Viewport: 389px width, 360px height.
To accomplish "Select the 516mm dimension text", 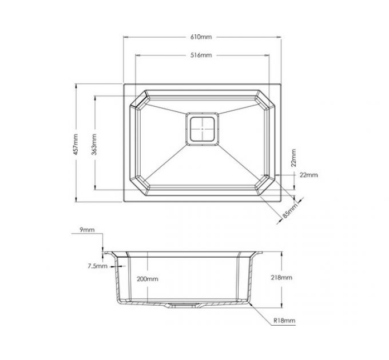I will (x=201, y=55).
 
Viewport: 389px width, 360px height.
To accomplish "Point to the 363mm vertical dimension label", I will (x=93, y=143).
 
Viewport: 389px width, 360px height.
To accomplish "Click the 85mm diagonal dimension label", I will (x=289, y=211).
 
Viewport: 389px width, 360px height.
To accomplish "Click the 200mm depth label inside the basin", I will (x=147, y=279).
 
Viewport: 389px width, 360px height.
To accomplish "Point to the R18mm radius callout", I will (x=284, y=321).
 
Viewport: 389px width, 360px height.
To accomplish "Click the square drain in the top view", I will (x=201, y=130).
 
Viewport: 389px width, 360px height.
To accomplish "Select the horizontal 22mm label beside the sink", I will (x=308, y=175).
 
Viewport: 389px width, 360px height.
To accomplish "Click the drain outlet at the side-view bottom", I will (x=183, y=305).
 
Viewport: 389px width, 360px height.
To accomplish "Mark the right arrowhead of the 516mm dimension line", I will (x=268, y=55).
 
